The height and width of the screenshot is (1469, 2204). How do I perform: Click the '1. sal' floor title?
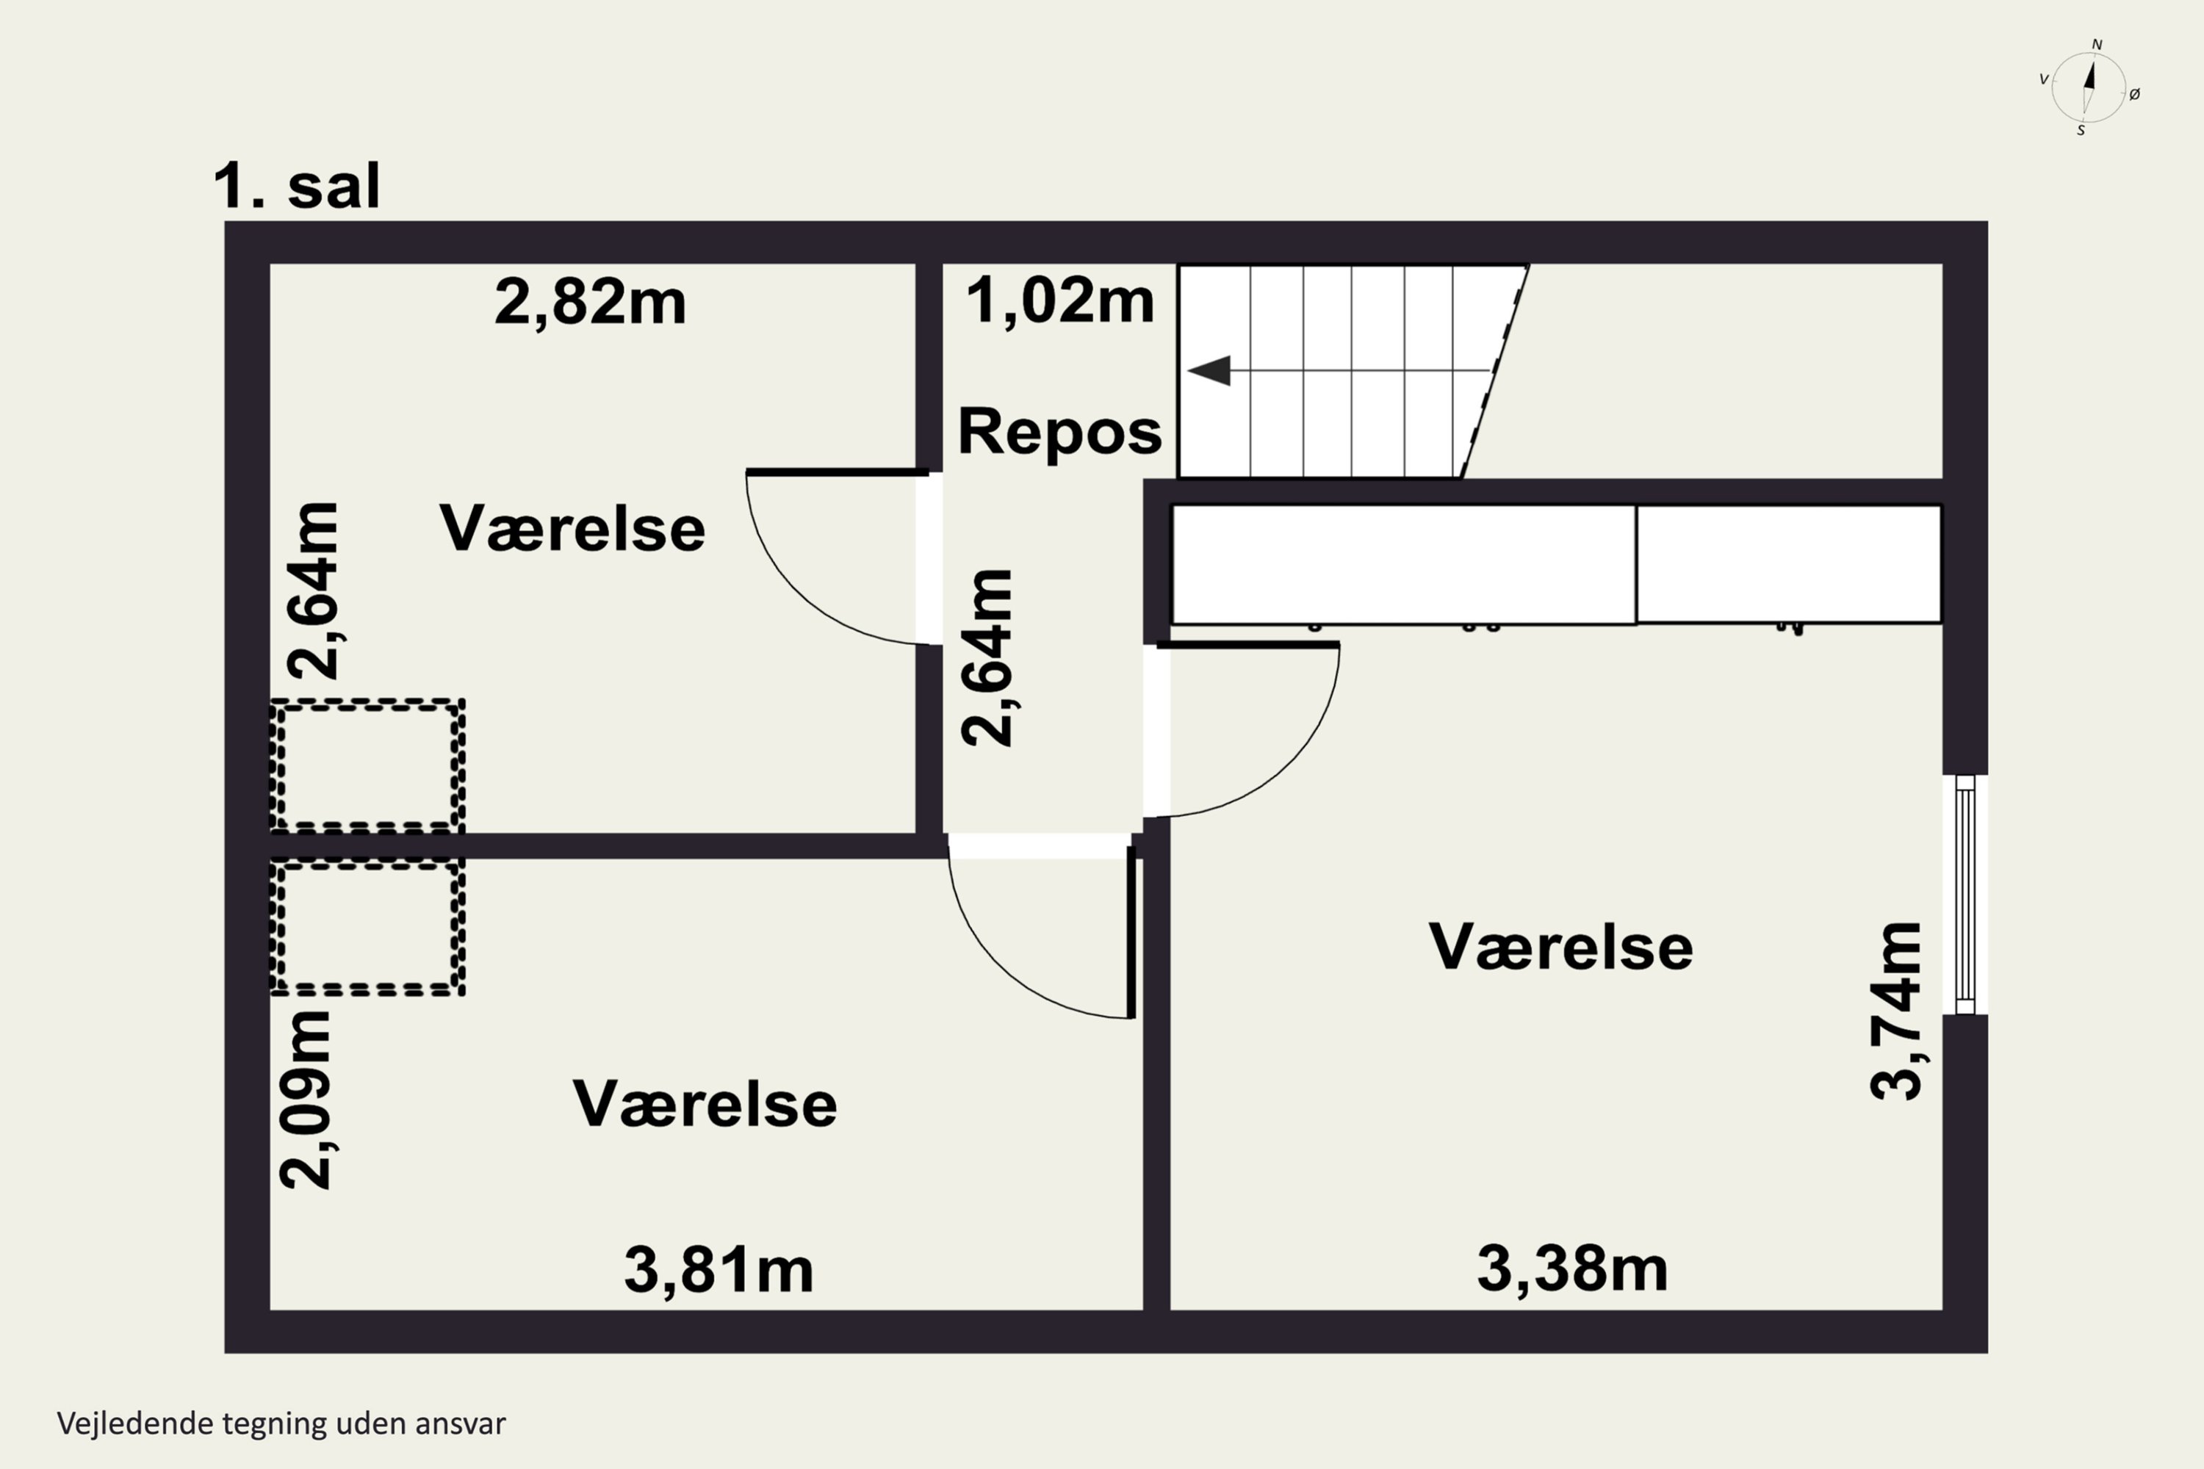coord(297,186)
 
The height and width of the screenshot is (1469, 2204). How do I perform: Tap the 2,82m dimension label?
coord(591,303)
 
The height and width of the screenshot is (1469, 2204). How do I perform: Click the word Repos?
coord(1060,431)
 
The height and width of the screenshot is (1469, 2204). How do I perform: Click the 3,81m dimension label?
coord(719,1271)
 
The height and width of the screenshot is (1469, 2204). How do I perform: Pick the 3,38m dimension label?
coord(1572,1268)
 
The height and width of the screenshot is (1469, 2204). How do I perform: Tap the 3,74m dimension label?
coord(1895,1011)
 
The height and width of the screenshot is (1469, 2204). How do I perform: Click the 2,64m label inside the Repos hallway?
coord(987,657)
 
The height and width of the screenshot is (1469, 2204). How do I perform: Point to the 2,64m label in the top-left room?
coord(312,591)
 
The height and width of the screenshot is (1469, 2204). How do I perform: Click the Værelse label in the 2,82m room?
coord(572,528)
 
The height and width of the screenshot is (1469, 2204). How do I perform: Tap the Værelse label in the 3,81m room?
coord(705,1104)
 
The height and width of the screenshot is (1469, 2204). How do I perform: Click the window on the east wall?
coord(1965,895)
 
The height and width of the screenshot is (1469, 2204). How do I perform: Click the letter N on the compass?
coord(2097,45)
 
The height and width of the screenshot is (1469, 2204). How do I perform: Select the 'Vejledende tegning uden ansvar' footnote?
coord(281,1424)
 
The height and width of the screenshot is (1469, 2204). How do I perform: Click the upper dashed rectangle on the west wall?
coord(367,765)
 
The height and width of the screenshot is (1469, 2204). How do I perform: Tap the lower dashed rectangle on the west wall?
coord(367,928)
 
